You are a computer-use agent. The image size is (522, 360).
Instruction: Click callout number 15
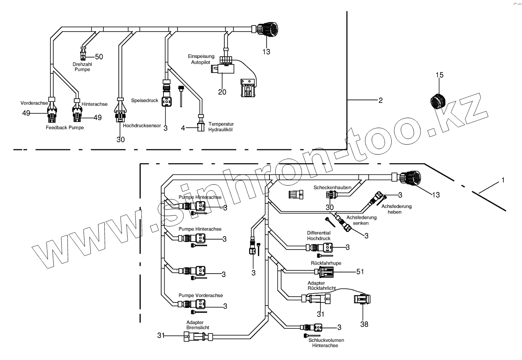pos(440,75)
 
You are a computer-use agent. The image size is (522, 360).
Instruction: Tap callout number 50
pos(99,57)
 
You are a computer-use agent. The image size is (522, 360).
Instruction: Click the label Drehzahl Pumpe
pos(82,67)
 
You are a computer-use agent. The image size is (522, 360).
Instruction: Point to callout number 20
pos(222,92)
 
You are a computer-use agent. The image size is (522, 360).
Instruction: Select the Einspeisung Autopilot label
pos(201,59)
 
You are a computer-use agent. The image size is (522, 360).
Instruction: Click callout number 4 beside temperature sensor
pos(184,128)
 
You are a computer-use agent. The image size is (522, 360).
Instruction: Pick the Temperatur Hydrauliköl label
pos(221,127)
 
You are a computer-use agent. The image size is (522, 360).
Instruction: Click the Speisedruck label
pos(145,101)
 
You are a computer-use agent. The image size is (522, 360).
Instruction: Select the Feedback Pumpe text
pos(65,127)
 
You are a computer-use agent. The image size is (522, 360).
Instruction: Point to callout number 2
pos(381,101)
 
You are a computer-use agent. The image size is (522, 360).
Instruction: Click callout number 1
pos(503,180)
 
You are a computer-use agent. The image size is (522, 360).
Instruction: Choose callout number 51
pos(360,272)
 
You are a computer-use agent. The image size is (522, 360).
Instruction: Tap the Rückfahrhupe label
pos(326,263)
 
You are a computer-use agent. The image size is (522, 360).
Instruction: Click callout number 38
pos(364,324)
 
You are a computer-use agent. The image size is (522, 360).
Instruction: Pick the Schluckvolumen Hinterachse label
pos(326,343)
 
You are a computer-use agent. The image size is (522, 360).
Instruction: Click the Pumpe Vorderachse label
pos(200,296)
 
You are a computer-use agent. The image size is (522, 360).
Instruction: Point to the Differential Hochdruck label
pos(319,236)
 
